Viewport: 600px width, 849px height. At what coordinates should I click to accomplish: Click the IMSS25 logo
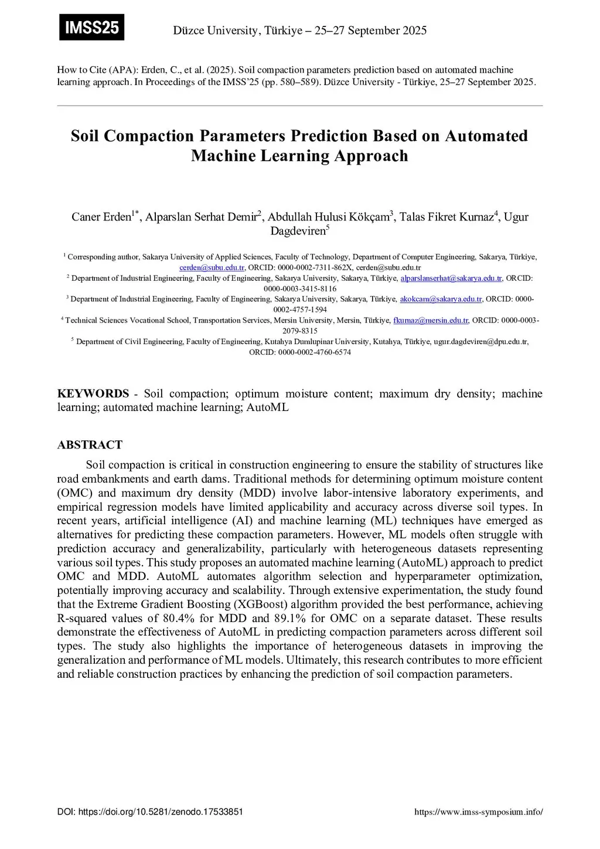click(91, 27)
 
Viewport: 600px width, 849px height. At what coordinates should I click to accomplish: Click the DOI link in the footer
click(150, 812)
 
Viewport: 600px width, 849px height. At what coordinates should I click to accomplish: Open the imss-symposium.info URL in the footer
click(478, 812)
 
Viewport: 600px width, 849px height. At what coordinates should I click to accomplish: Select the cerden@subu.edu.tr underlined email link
click(212, 267)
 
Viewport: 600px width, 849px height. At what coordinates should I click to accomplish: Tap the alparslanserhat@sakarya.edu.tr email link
click(451, 278)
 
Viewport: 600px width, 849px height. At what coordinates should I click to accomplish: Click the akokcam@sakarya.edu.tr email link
click(441, 299)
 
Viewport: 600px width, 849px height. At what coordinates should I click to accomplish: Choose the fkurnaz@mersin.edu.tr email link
click(431, 320)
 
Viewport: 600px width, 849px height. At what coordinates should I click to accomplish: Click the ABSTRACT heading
click(90, 444)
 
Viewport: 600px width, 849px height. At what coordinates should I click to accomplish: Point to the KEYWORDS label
click(93, 393)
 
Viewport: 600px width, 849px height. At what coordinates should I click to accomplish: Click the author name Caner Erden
click(101, 217)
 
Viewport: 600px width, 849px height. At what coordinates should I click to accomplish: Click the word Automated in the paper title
click(486, 136)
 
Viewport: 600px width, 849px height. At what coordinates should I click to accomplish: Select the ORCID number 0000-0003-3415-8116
click(300, 288)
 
